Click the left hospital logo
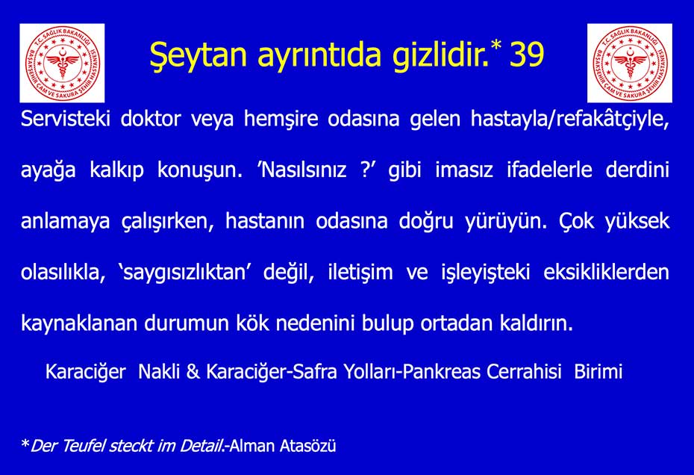click(x=62, y=63)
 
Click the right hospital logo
click(x=629, y=63)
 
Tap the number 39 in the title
click(x=527, y=55)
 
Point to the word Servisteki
click(x=66, y=118)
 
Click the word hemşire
click(x=281, y=119)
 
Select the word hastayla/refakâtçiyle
click(x=570, y=119)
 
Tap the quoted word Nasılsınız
click(x=304, y=170)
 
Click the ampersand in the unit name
click(x=193, y=371)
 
